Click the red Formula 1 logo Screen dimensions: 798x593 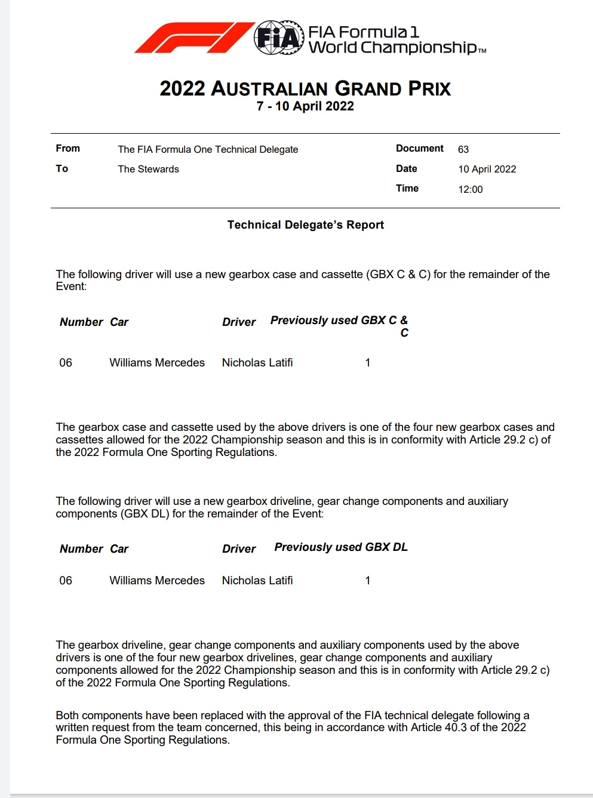194,38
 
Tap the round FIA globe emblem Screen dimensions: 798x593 279,38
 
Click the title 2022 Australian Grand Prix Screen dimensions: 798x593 305,88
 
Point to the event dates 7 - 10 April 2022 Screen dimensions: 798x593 305,106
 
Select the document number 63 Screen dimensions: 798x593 463,149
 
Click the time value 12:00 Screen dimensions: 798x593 471,189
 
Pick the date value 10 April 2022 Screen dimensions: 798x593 487,169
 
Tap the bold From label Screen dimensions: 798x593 67,149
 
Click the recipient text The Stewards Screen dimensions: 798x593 148,169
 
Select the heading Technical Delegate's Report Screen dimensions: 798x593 305,225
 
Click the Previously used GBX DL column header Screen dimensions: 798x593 341,547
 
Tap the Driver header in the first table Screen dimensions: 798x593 239,322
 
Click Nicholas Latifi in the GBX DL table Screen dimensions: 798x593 257,580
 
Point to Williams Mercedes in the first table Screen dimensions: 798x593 157,363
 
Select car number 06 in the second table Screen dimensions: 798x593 66,580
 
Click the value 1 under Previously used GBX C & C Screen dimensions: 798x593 368,363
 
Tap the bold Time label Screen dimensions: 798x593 407,189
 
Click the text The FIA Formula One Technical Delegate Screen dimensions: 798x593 208,149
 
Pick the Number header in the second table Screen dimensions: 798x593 81,549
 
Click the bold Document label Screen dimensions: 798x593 420,149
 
